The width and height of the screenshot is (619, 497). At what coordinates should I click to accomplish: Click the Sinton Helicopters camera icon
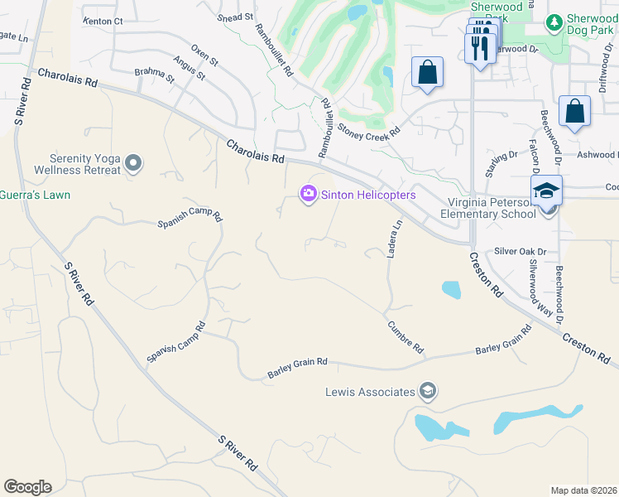pos(308,194)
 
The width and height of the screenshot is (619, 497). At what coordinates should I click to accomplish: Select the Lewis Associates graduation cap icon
pos(428,391)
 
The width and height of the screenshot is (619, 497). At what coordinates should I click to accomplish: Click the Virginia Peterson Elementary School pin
pos(546,191)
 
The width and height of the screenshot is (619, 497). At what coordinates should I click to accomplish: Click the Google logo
pos(27,487)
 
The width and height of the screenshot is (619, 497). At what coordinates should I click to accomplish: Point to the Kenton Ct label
pos(103,20)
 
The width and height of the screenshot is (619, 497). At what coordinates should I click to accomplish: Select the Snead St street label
pos(235,17)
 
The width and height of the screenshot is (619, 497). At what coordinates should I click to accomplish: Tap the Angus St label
pos(190,70)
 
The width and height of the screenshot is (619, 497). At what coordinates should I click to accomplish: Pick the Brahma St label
pos(157,78)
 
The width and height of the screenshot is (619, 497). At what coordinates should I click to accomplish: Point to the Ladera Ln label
pos(395,238)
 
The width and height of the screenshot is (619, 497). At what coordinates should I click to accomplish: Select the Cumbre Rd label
pos(405,337)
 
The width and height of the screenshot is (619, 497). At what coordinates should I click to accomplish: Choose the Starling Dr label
pos(501,161)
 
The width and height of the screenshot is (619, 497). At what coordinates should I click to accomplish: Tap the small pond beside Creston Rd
pos(451,289)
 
